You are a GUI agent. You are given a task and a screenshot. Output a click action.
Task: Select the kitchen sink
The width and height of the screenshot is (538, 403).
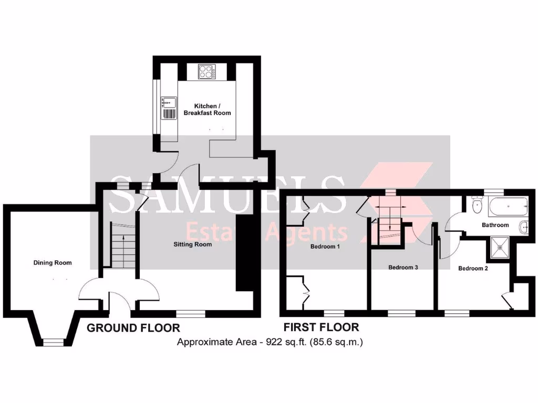(169, 102)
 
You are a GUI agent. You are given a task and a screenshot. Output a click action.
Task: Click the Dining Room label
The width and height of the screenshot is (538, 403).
(53, 263)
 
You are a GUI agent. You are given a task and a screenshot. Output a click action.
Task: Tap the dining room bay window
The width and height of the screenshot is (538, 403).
(53, 342)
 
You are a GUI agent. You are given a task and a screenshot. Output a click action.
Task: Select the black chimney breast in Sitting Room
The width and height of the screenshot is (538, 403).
(244, 252)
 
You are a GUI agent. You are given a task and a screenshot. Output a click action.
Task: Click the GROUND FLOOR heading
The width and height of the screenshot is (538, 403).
(133, 328)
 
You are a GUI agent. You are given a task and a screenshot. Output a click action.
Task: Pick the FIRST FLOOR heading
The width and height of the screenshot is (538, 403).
(321, 327)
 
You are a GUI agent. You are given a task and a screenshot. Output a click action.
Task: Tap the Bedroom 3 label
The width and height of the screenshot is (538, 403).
(403, 267)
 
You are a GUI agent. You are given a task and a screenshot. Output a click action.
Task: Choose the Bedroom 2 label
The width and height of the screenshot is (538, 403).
(473, 268)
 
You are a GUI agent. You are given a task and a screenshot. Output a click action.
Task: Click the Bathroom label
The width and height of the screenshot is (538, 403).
(495, 225)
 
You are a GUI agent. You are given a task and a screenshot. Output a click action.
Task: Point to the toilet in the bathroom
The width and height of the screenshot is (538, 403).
(477, 206)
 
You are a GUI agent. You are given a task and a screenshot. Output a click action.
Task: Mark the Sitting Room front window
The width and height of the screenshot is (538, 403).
(190, 314)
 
